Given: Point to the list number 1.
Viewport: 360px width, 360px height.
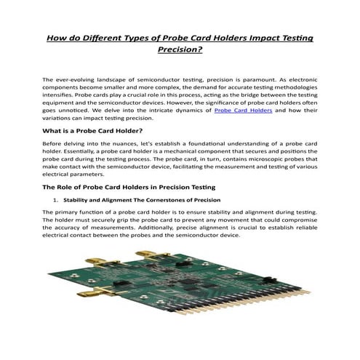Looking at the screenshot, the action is [x=55, y=199].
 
